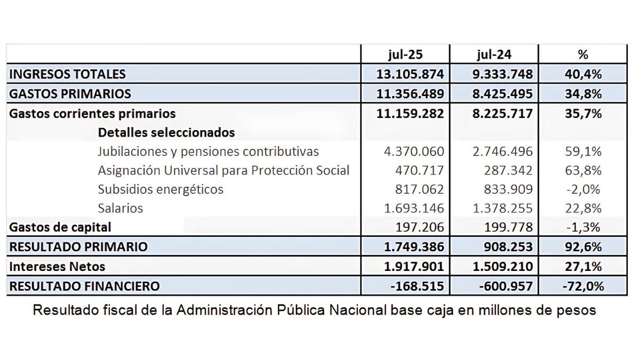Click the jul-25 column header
pos(405,54)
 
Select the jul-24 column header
pos(494,54)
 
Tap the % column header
pos(583,54)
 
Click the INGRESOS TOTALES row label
pos(67,74)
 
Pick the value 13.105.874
pos(410,74)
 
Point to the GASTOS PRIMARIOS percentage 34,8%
pos(583,94)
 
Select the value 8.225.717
pos(502,114)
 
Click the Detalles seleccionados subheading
pos(166,133)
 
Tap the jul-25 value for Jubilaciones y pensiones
pos(414,151)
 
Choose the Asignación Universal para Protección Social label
pos(223,171)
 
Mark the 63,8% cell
pos(583,171)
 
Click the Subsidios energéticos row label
pos(161,189)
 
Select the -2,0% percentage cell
pos(583,189)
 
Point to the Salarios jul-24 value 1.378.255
pos(503,209)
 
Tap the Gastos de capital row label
pos(60,227)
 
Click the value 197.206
pos(420,227)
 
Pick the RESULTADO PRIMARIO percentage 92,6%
pos(583,247)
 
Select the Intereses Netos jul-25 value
pos(414,267)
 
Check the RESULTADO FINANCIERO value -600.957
pos(506,286)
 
